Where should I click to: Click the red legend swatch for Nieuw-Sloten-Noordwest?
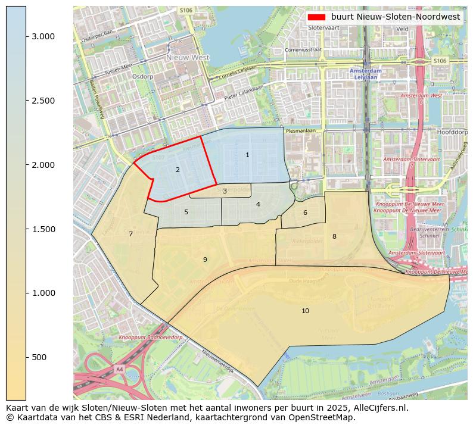coord(316,17)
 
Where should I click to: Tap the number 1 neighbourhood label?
coord(247,155)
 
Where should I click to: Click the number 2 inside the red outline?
coord(178,170)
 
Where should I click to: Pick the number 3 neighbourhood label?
coord(225,191)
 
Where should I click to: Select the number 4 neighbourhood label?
coord(258,204)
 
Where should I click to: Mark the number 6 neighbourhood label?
coord(305,213)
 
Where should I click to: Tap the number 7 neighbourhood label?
coord(130,234)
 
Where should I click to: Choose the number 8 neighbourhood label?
coord(334,236)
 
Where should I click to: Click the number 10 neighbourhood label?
coord(305,311)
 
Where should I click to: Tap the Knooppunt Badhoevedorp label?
coord(151,338)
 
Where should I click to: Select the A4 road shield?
coord(119,369)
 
